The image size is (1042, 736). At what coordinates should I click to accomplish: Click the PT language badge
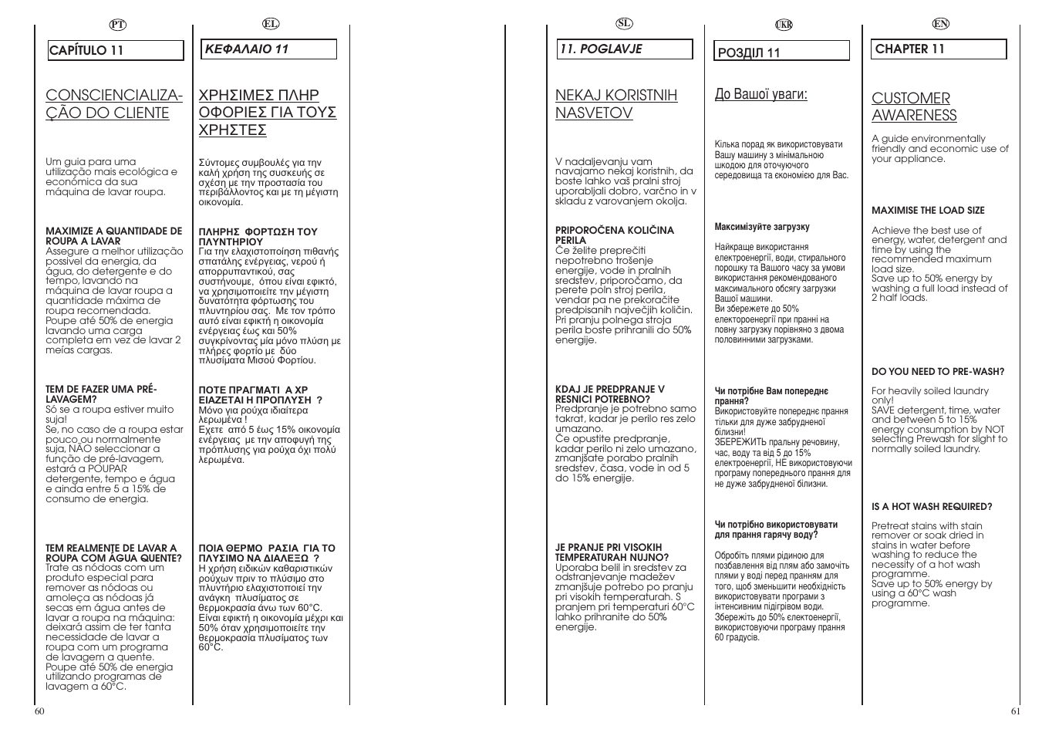coord(117,25)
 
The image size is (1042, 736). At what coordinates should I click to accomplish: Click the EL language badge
coord(270,24)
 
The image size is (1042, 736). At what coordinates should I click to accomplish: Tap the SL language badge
coord(626,24)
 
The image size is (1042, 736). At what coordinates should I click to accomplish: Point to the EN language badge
coord(940,24)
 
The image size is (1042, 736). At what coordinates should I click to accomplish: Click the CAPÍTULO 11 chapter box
coord(116,51)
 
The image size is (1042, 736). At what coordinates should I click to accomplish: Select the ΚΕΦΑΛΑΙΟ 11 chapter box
coord(268,49)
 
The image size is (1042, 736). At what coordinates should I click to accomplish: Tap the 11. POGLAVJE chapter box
coord(626,49)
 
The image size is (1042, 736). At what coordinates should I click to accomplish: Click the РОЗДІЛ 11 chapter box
coord(781,52)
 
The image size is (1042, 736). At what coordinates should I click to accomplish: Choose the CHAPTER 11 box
coord(939,49)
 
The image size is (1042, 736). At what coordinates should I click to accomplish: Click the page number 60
coord(39,711)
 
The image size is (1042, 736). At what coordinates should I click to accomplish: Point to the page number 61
coord(1015,711)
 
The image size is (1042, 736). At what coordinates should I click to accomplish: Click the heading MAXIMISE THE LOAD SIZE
coord(928,211)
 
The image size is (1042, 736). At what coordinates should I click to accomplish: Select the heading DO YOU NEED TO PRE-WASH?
coord(938,372)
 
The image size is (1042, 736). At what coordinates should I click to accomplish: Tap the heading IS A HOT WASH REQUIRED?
coord(932,507)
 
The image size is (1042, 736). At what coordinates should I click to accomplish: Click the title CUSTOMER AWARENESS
coord(914,106)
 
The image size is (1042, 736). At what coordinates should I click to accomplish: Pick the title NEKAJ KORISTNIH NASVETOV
coord(616,104)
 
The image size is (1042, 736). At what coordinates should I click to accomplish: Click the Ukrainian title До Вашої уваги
coord(760,94)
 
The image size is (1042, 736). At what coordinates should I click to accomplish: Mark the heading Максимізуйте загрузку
coord(762,227)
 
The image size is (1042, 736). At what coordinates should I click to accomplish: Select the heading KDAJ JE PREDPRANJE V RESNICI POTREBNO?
coord(609,394)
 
